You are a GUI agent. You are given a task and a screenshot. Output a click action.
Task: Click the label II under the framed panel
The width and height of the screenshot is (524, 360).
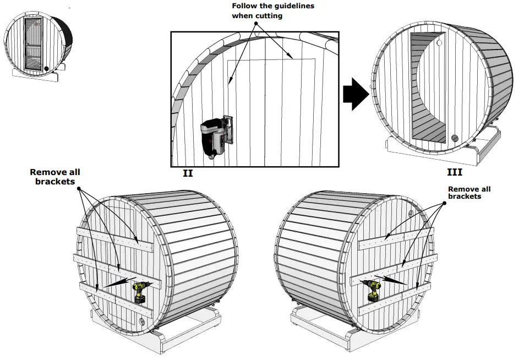(188, 173)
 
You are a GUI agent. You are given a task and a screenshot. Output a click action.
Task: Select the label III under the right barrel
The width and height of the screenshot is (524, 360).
(454, 172)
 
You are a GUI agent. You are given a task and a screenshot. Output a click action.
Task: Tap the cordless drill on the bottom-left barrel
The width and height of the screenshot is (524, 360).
(140, 292)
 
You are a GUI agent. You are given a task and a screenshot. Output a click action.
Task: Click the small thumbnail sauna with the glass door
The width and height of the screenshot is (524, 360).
(34, 45)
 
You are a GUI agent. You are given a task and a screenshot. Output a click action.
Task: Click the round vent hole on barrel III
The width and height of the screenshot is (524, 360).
(455, 138)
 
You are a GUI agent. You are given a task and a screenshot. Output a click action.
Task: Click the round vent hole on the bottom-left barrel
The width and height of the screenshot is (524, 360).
(142, 321)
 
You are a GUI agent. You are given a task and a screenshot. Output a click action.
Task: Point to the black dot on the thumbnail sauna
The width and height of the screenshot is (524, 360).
(46, 69)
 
